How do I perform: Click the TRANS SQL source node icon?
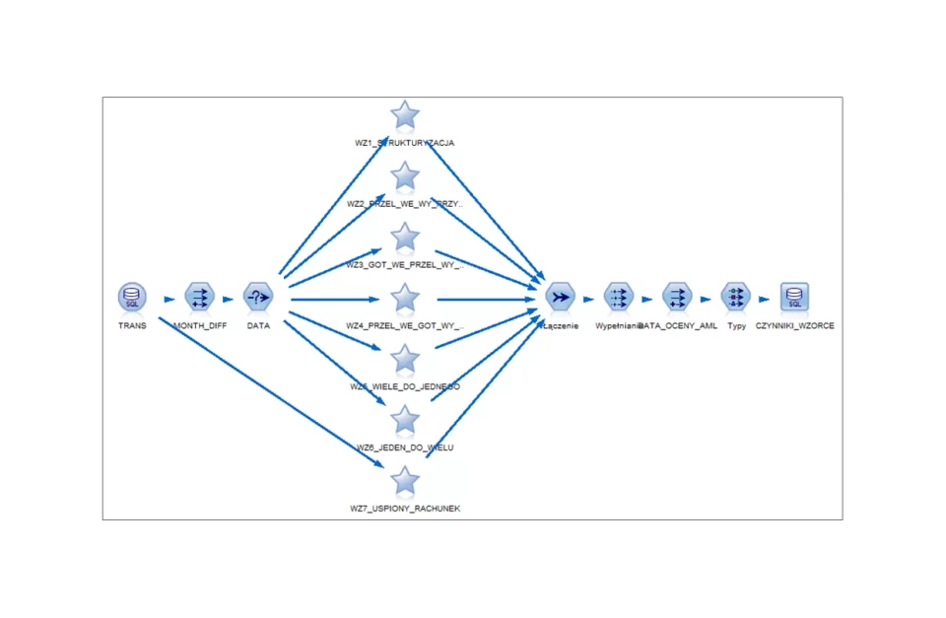coord(132,296)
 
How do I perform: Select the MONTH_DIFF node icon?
coord(199,296)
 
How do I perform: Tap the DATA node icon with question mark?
coord(258,296)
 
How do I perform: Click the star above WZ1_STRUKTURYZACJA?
coord(405,115)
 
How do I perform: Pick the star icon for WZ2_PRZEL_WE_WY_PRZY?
coord(405,176)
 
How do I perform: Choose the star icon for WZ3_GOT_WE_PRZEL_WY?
coord(405,238)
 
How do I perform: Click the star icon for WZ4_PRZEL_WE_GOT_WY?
coord(405,298)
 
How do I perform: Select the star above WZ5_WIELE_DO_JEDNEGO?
coord(405,359)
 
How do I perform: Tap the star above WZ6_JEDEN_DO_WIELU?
coord(405,420)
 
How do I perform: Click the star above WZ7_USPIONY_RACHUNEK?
coord(405,481)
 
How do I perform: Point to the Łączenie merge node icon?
coord(560,296)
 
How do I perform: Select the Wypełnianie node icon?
coord(618,296)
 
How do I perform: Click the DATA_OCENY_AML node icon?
coord(677,296)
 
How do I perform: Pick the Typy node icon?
coord(735,296)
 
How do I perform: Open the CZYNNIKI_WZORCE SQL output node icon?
coord(794,296)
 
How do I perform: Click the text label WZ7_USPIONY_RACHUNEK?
coord(405,509)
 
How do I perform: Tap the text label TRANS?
coord(132,325)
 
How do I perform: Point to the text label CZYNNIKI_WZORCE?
coord(794,325)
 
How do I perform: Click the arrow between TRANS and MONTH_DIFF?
coord(169,298)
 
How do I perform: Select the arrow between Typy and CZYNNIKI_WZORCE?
coord(765,298)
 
